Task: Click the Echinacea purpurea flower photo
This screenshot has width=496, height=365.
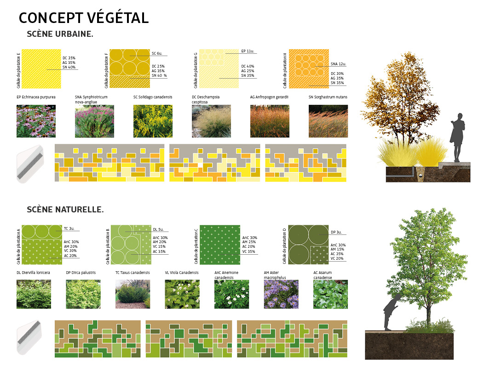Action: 36,121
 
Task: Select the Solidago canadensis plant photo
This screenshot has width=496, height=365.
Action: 153,121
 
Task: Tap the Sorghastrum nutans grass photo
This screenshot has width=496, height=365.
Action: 328,121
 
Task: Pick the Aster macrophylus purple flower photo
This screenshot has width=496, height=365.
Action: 281,294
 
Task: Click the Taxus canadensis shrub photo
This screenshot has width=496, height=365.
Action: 133,294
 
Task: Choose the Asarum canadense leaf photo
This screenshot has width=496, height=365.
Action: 330,294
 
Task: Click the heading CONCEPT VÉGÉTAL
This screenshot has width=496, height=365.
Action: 84,18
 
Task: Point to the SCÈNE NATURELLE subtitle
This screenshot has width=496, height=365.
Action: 65,210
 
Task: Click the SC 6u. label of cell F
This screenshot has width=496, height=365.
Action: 157,53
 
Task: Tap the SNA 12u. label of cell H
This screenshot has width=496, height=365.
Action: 339,64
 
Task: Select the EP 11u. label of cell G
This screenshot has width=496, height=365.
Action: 248,51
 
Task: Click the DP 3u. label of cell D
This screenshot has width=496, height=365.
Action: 336,232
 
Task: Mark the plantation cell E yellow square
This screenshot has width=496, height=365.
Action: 41,69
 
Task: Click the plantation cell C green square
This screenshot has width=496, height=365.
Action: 220,245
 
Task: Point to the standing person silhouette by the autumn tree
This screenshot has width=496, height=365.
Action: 457,137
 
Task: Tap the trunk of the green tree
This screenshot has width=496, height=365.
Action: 428,313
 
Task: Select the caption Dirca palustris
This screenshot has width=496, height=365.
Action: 81,273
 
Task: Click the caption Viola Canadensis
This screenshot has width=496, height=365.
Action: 182,273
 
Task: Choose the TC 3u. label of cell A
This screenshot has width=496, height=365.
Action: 69,228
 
